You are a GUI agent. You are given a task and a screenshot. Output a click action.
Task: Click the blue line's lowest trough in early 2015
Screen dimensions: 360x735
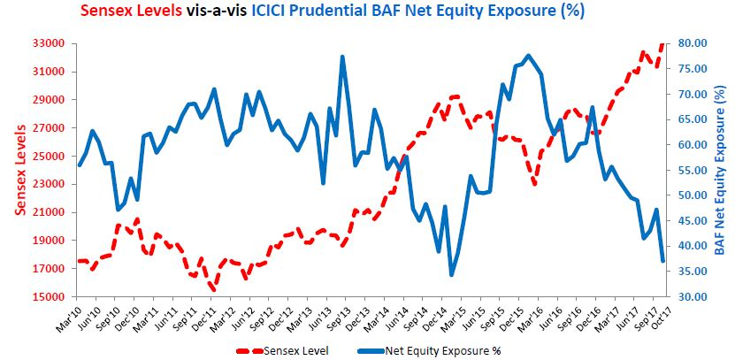click(451, 275)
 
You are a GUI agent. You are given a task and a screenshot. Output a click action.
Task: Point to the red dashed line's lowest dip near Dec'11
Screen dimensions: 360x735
click(213, 289)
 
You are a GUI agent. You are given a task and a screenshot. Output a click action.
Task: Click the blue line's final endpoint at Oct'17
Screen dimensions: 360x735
click(663, 261)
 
